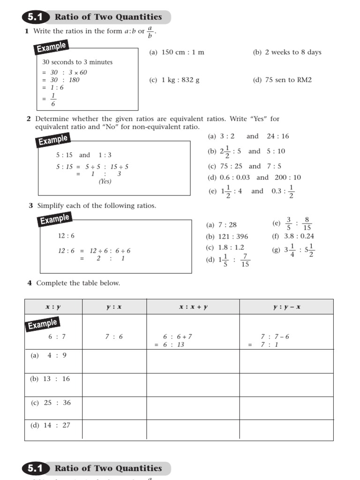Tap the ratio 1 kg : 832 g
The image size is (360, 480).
click(180, 80)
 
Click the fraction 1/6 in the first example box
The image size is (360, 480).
click(52, 101)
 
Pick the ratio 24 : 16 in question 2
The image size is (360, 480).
click(278, 136)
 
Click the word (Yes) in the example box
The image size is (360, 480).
click(105, 181)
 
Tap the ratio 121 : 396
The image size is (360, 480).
click(233, 237)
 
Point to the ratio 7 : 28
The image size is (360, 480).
click(227, 225)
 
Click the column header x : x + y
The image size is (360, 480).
click(193, 307)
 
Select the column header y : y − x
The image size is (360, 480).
click(286, 307)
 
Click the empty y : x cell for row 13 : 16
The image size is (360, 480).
click(114, 384)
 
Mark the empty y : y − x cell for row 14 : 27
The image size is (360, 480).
click(286, 430)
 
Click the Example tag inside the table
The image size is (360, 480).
click(42, 324)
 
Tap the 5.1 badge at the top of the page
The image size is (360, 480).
click(35, 17)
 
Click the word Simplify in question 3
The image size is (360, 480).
click(51, 206)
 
